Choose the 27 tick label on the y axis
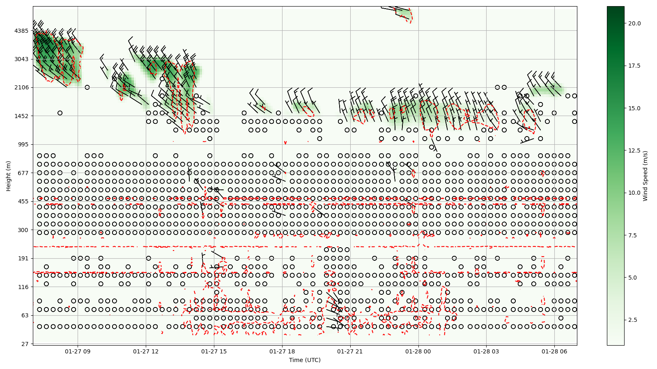pos(24,344)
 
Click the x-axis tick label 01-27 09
pos(78,351)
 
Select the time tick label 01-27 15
pos(214,351)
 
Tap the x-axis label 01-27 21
pos(350,351)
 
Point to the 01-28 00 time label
pos(418,351)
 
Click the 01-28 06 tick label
pos(555,351)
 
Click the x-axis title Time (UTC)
pos(305,360)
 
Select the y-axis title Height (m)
pos(8,176)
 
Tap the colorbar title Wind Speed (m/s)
pos(646,176)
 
